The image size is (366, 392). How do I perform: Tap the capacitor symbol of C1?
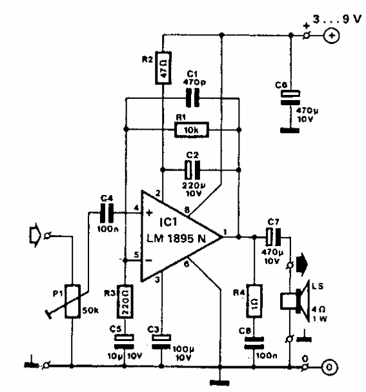[192, 98]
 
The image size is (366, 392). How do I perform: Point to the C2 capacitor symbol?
[191, 169]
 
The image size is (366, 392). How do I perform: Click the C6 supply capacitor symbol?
[289, 96]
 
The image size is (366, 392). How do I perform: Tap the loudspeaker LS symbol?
[294, 301]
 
